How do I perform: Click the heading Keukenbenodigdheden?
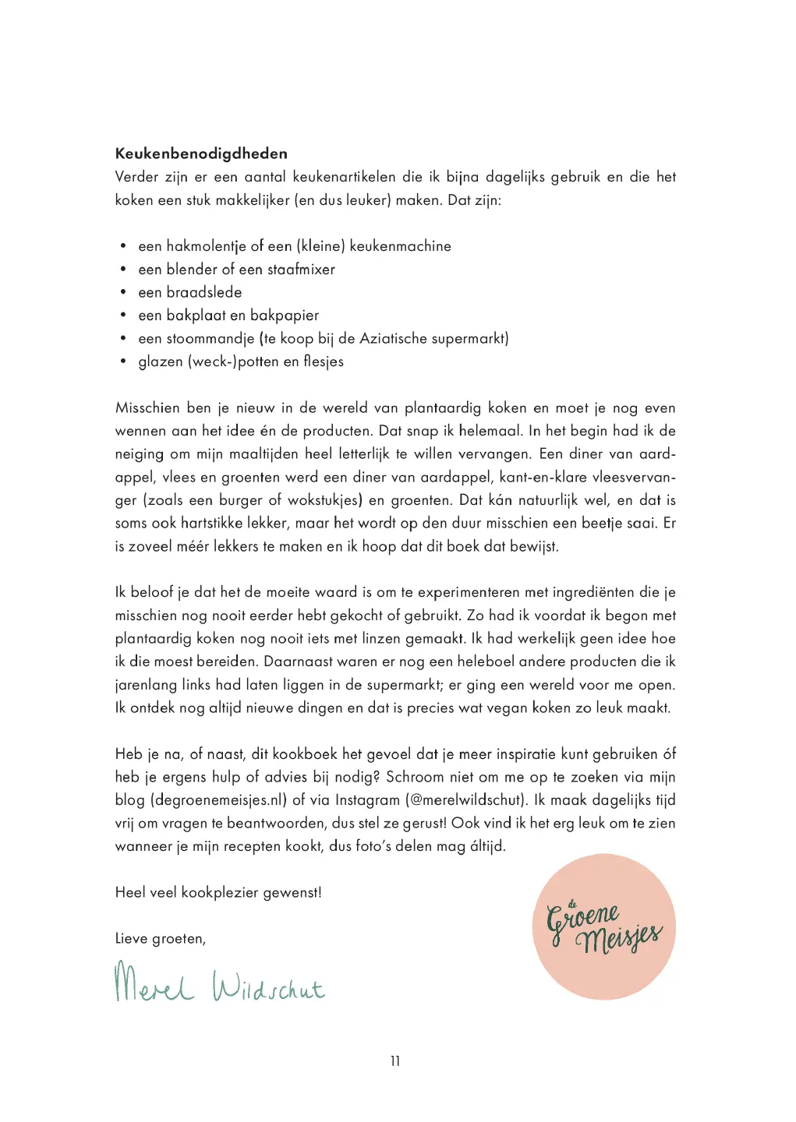(x=201, y=153)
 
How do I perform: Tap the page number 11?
(x=395, y=1061)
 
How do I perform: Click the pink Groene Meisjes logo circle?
(x=604, y=927)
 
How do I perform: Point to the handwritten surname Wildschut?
(x=268, y=986)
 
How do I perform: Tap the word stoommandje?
(x=210, y=339)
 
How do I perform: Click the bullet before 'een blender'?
(x=123, y=270)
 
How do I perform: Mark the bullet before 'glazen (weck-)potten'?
(x=123, y=362)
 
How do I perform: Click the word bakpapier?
(x=285, y=316)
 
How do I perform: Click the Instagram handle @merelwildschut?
(x=465, y=800)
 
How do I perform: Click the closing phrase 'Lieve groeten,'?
(x=161, y=939)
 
